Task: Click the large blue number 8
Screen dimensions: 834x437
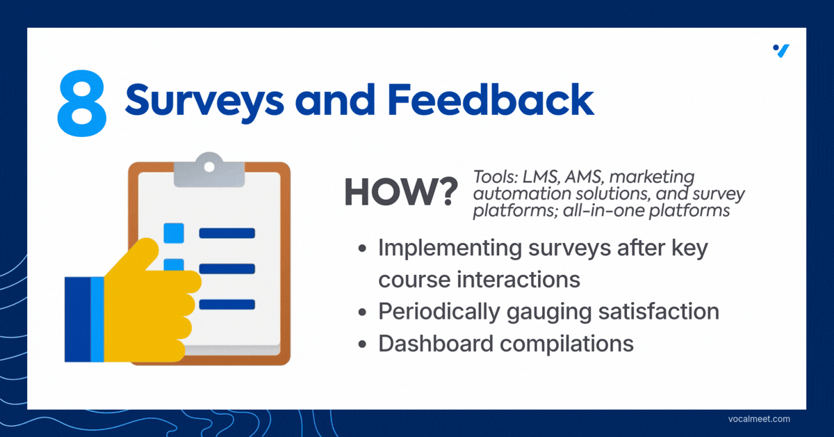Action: click(82, 103)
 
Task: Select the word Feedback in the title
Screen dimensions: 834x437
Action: click(491, 99)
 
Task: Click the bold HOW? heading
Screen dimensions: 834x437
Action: click(401, 192)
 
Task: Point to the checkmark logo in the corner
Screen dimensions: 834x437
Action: click(781, 51)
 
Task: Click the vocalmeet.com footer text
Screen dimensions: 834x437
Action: click(759, 419)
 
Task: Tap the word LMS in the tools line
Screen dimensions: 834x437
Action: click(541, 177)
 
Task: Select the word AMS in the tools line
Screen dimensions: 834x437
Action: click(584, 177)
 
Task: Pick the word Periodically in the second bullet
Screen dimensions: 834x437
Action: click(439, 312)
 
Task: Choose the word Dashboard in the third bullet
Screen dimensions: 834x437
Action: click(436, 344)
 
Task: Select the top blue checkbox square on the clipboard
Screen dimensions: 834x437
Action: click(174, 233)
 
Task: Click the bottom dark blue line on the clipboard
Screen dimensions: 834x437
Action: click(227, 304)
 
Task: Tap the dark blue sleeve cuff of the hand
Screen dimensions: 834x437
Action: click(77, 319)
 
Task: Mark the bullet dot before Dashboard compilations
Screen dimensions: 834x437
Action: click(362, 344)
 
